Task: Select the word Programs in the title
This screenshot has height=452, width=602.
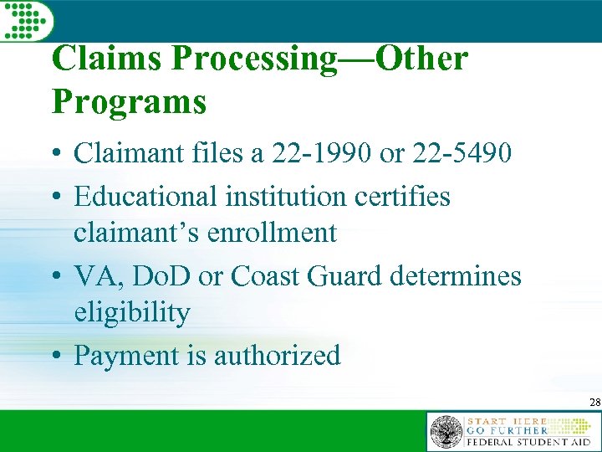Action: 129,101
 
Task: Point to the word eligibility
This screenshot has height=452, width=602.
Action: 132,312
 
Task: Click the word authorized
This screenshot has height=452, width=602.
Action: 278,356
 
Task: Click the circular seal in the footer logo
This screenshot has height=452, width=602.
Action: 446,432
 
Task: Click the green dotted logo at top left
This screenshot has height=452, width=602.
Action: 25,18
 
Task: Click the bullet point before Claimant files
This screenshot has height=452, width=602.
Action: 59,155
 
